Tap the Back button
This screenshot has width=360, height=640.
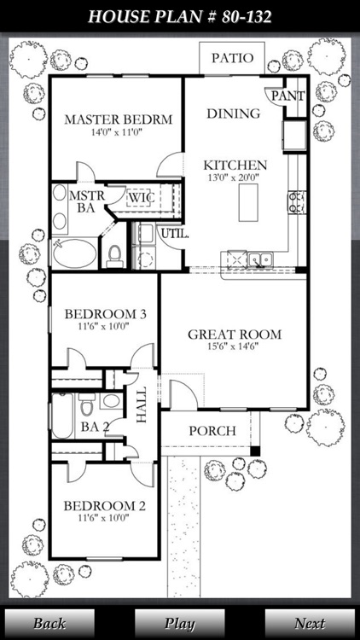[49, 623]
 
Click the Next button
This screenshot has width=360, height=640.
[309, 623]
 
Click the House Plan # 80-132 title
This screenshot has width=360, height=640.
[180, 16]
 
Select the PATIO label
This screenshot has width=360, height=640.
[232, 58]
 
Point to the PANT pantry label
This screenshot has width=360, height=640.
[287, 96]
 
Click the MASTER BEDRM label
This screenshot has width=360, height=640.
[118, 119]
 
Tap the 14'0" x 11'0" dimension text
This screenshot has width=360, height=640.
[118, 134]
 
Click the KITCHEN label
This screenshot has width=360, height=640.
[235, 165]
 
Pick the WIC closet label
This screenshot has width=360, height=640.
[140, 198]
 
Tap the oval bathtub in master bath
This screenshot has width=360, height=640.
[75, 253]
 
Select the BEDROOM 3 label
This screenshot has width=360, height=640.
[106, 314]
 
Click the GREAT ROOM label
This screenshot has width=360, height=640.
[235, 334]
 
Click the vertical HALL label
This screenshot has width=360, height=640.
[142, 405]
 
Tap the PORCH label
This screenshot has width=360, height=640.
[212, 431]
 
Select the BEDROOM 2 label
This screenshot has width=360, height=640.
[104, 506]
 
